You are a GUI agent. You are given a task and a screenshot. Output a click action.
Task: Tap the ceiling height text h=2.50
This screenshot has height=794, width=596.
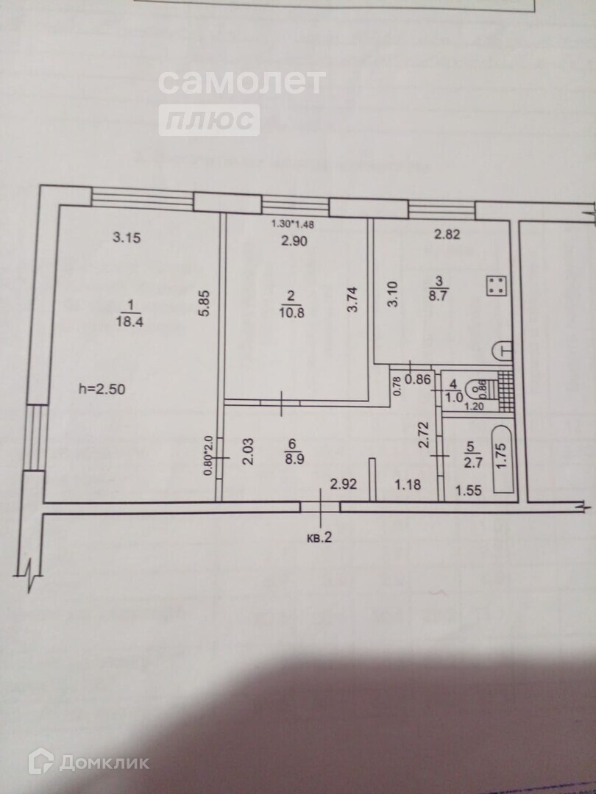coord(107,390)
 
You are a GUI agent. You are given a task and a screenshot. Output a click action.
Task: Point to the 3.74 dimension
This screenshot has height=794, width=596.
coord(352,300)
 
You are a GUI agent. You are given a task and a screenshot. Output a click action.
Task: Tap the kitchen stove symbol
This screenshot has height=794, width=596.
coord(495,285)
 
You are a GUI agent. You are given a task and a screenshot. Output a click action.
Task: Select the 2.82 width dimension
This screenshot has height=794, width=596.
coord(449,235)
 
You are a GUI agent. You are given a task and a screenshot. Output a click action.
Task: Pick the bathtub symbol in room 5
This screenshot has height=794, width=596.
coord(503,457)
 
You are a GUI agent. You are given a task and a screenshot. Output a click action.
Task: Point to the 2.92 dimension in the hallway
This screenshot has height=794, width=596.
coord(344,484)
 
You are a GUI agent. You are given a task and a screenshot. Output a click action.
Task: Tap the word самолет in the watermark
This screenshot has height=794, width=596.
coord(241,82)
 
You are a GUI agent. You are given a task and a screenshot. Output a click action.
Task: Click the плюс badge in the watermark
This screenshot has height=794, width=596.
coord(210,120)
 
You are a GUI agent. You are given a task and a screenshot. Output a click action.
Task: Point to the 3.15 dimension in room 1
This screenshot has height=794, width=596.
coord(126,237)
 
